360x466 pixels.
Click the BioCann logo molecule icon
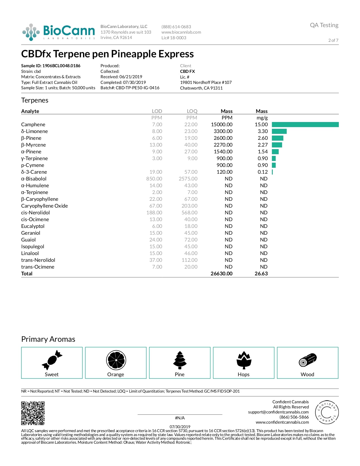pyautogui.click(x=31, y=32)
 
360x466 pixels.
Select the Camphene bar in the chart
pyautogui.click(x=305, y=125)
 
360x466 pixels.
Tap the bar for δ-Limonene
pyautogui.click(x=279, y=131)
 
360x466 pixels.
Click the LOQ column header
pyautogui.click(x=192, y=111)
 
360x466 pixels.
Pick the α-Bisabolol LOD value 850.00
pyautogui.click(x=154, y=179)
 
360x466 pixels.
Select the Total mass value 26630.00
pyautogui.click(x=222, y=274)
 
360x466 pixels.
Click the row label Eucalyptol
pyautogui.click(x=33, y=226)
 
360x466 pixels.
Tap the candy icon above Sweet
pyautogui.click(x=52, y=360)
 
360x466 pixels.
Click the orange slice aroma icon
pyautogui.click(x=116, y=360)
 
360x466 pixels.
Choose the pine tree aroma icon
pyautogui.click(x=180, y=360)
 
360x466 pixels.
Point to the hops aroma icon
pyautogui.click(x=244, y=360)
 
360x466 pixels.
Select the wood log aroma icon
pyautogui.click(x=308, y=360)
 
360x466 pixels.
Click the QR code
pyautogui.click(x=33, y=413)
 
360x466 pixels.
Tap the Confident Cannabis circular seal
pyautogui.click(x=327, y=412)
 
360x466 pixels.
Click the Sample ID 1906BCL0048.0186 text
pyautogui.click(x=51, y=66)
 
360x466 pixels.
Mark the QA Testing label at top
pyautogui.click(x=324, y=25)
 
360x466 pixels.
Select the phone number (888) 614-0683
pyautogui.click(x=176, y=27)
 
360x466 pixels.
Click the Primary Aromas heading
pyautogui.click(x=48, y=339)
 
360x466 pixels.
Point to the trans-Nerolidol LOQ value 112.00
pyautogui.click(x=189, y=260)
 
